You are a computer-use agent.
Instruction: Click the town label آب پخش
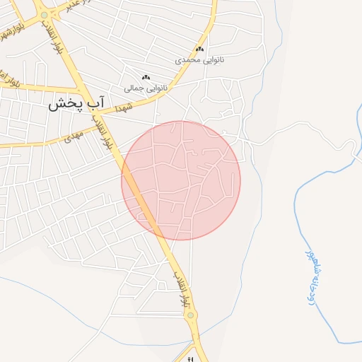coord(76,104)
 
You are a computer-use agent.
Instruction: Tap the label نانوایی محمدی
coord(199,60)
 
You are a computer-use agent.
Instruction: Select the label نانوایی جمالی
coord(146,88)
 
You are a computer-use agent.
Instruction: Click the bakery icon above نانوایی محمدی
coord(199,49)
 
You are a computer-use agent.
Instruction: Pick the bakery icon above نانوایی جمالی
coord(146,77)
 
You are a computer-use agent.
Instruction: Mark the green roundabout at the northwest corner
coord(45,15)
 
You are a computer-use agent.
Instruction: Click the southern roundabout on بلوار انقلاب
coord(190,315)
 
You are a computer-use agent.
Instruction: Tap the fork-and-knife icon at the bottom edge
coord(189,359)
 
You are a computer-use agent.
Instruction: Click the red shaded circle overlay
coord(181,180)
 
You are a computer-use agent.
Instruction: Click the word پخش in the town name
coord(63,104)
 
